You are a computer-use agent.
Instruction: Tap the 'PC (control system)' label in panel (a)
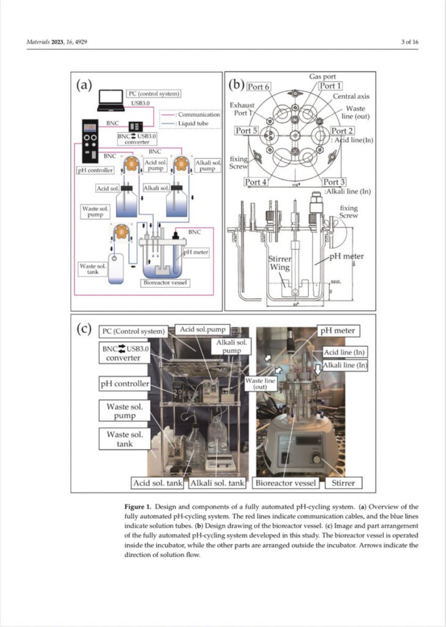pyautogui.click(x=154, y=94)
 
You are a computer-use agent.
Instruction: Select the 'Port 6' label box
pyautogui.click(x=259, y=88)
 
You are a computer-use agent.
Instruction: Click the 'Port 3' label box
pyautogui.click(x=334, y=182)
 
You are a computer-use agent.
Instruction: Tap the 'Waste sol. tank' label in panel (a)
pyautogui.click(x=92, y=269)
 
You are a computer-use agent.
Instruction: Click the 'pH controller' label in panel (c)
pyautogui.click(x=124, y=384)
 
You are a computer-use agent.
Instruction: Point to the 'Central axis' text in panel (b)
pyautogui.click(x=351, y=97)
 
